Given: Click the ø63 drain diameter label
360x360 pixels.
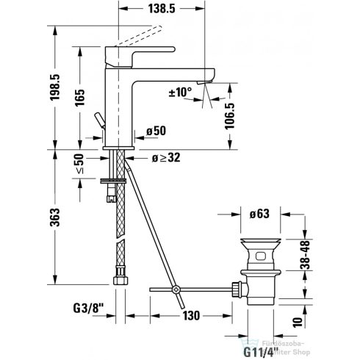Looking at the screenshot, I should (259, 214).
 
